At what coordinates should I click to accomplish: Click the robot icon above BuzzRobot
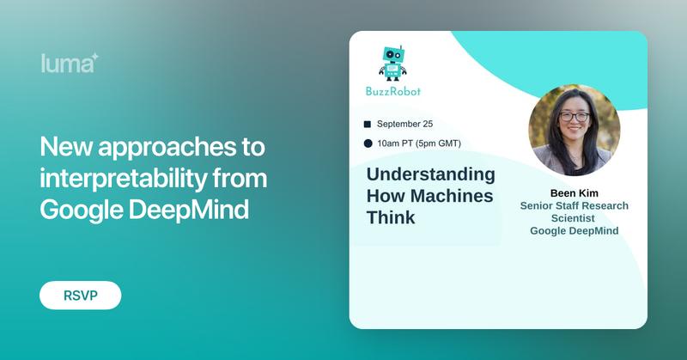(x=393, y=62)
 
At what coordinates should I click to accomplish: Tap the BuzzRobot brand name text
(x=393, y=91)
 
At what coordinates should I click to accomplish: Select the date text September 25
(x=404, y=124)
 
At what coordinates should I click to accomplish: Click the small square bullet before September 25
(x=368, y=124)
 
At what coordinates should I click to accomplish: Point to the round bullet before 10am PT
(x=368, y=143)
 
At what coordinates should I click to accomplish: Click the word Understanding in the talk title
(x=430, y=174)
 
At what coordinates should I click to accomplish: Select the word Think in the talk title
(x=391, y=217)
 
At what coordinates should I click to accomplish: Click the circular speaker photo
(x=574, y=130)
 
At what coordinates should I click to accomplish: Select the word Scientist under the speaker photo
(x=574, y=218)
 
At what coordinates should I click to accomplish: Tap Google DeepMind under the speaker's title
(x=574, y=231)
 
